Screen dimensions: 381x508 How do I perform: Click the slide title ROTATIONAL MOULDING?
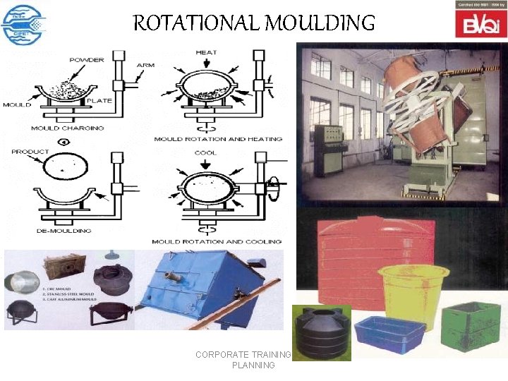(x=254, y=23)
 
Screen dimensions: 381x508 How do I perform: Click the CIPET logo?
(x=25, y=24)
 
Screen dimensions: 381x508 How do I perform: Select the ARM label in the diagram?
(x=145, y=65)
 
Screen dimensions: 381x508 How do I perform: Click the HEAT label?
(x=206, y=52)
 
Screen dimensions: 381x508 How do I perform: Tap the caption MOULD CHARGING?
(x=67, y=128)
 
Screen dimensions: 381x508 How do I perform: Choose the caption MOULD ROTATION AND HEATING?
(x=217, y=139)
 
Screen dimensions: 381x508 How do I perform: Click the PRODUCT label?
(x=30, y=152)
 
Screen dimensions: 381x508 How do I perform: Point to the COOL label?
(x=205, y=152)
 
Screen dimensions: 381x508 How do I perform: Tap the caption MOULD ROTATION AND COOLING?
(x=217, y=241)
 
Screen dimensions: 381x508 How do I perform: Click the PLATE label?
(x=99, y=101)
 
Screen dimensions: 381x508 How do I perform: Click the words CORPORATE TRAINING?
(x=243, y=354)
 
